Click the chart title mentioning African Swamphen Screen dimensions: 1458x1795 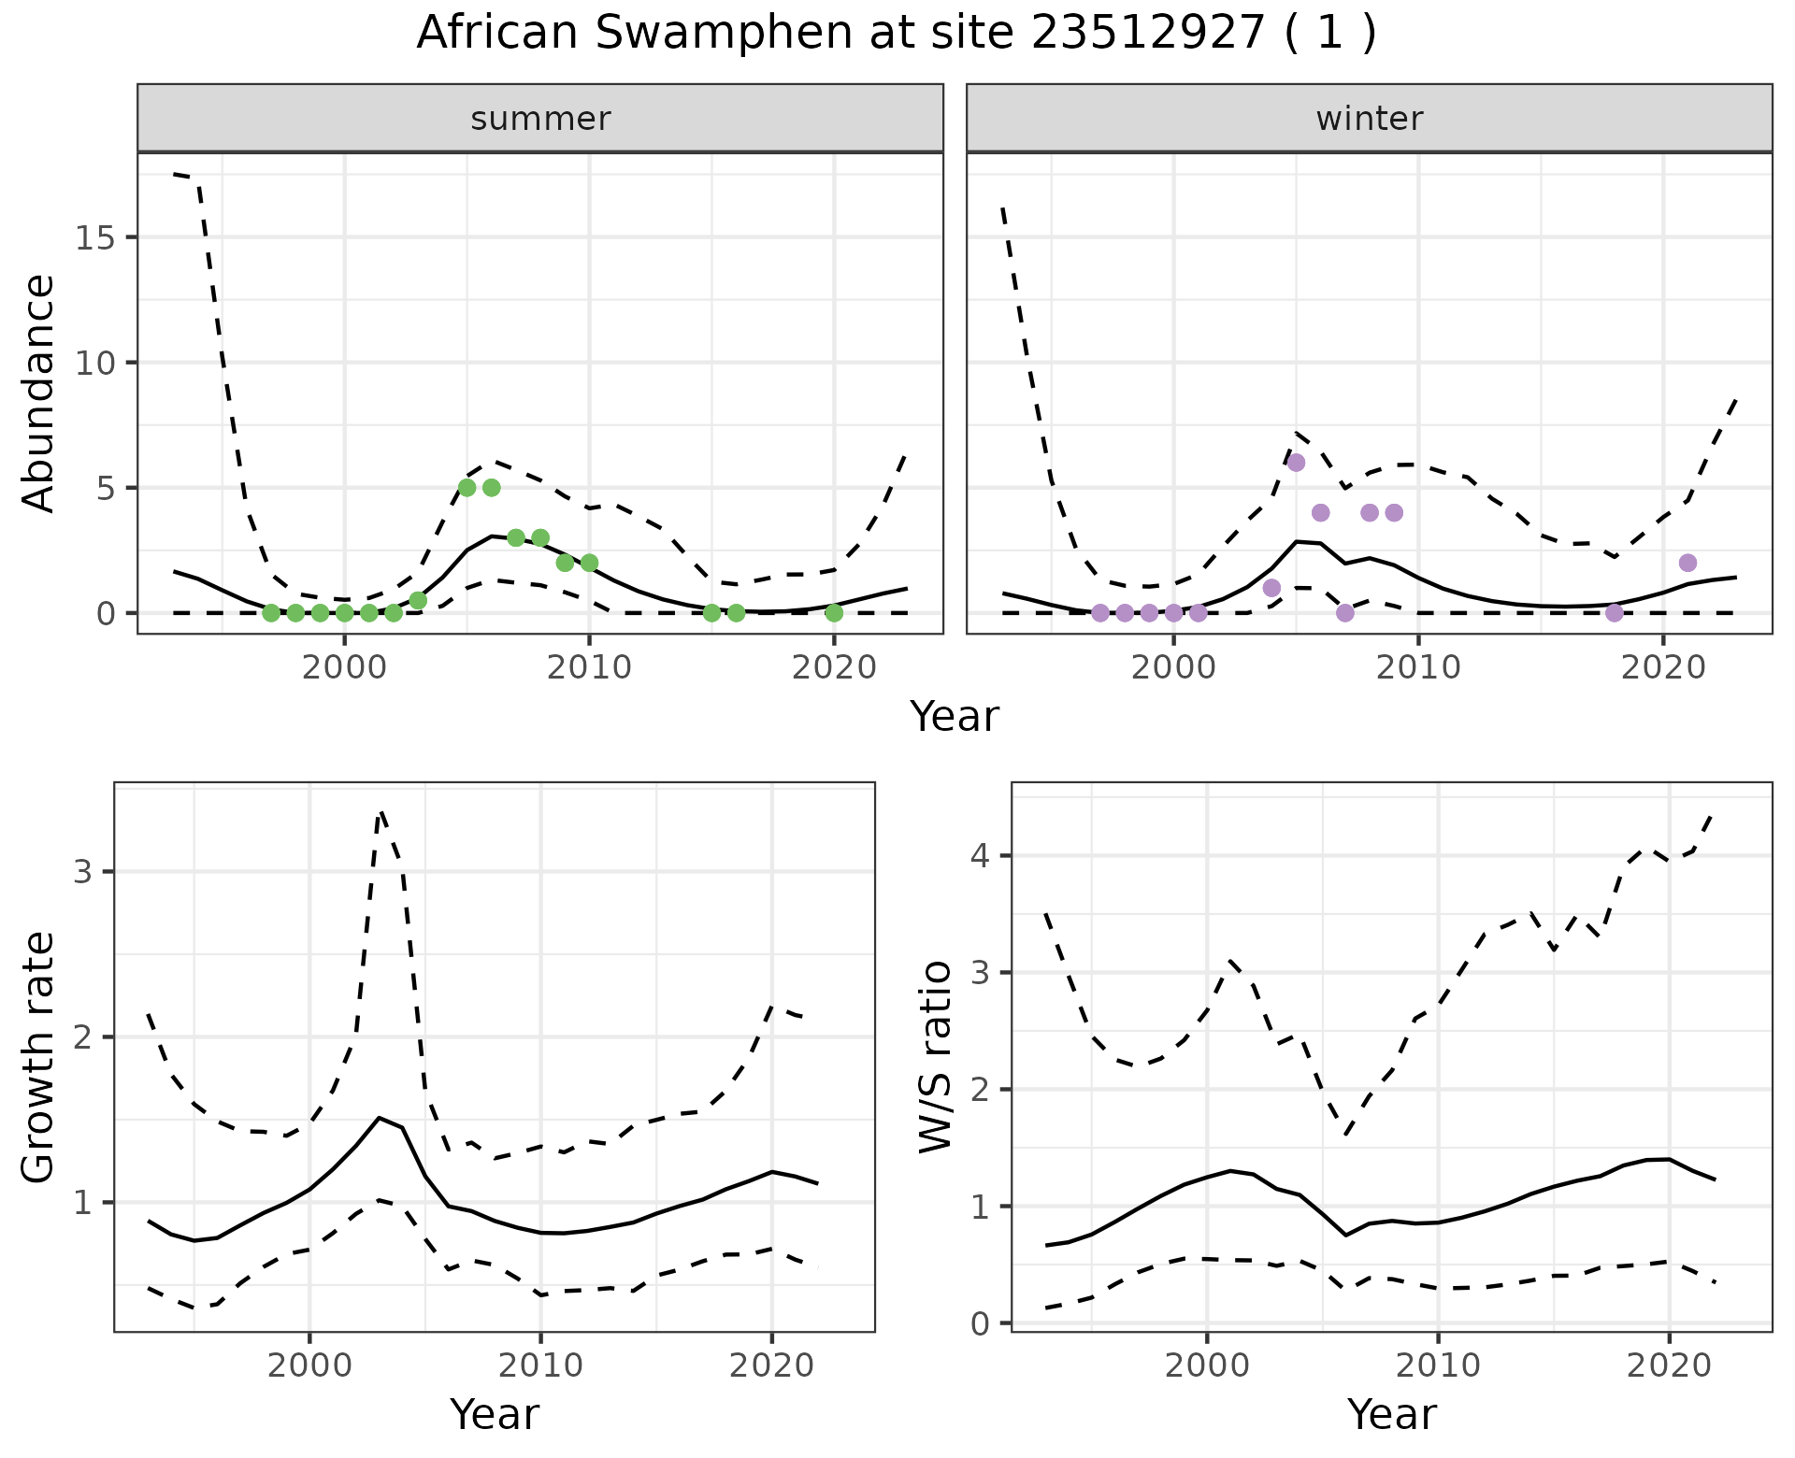[x=896, y=34]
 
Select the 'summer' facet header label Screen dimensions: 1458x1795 [x=540, y=119]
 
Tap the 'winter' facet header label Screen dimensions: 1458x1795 [x=1369, y=119]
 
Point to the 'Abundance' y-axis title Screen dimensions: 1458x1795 [x=39, y=393]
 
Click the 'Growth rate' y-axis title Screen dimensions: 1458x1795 [x=39, y=1057]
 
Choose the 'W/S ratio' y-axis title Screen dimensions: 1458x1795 [x=935, y=1057]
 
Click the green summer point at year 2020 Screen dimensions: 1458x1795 [x=834, y=613]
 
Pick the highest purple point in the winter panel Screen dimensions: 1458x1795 [x=1296, y=463]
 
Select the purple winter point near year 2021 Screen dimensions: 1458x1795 [x=1687, y=563]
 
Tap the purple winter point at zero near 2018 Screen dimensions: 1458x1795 [x=1615, y=613]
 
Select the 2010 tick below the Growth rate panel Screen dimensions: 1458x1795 [x=540, y=1365]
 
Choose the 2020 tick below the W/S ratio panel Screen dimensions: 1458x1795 [x=1669, y=1365]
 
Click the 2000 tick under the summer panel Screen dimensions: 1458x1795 [x=344, y=667]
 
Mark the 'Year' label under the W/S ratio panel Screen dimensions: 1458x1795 [x=1391, y=1414]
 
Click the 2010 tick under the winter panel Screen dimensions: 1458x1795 [x=1418, y=667]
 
